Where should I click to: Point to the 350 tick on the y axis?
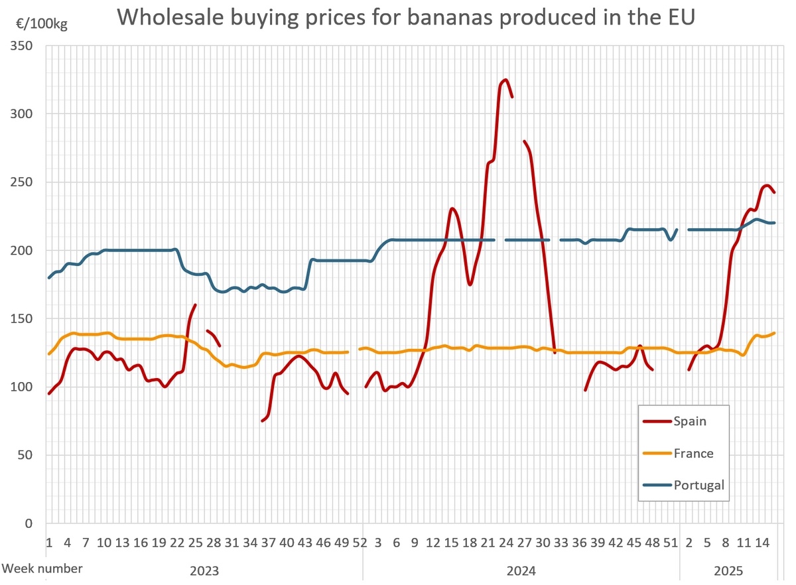pos(22,46)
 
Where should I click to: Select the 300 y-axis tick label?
pos(22,114)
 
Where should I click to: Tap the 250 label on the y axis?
pos(22,182)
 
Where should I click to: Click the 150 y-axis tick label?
pos(22,319)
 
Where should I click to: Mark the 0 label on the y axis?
pos(29,523)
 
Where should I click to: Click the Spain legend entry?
pos(690,421)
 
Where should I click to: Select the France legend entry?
pos(693,454)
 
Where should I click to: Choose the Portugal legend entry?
pos(698,485)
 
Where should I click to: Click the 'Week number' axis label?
pos(43,568)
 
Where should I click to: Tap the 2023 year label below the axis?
pos(204,570)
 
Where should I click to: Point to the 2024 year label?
pos(521,570)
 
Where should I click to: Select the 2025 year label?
pos(728,570)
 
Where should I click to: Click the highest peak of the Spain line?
pos(505,80)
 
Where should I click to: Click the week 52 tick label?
pos(360,543)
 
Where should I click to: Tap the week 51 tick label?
pos(671,543)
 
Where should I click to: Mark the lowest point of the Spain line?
pos(262,421)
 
